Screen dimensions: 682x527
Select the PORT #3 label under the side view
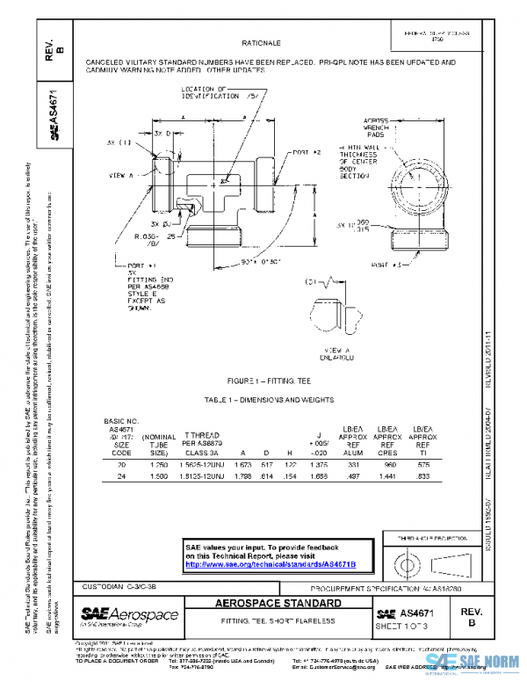click(x=386, y=264)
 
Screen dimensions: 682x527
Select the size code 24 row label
click(x=121, y=476)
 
